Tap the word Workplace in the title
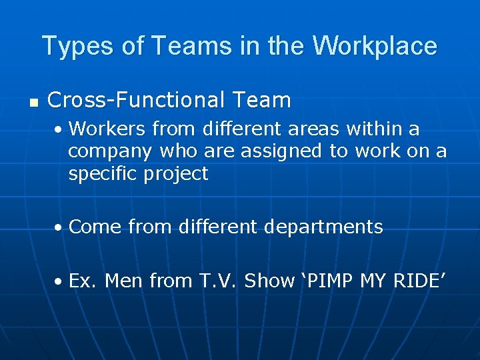[x=374, y=46]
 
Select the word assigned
[x=281, y=152]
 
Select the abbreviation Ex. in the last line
[x=83, y=281]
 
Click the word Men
[x=124, y=281]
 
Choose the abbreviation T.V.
[x=219, y=281]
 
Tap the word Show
[x=269, y=281]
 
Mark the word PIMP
[x=331, y=281]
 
